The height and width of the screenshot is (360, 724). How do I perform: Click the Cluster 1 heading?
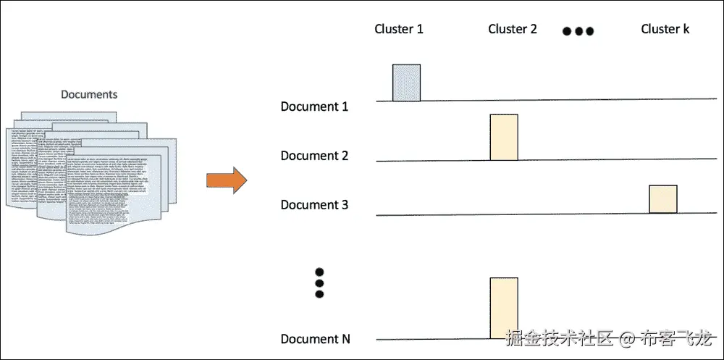398,29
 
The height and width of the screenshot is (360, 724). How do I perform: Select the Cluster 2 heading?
513,29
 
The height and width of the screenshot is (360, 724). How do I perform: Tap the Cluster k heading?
665,29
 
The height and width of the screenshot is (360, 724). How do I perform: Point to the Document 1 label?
314,106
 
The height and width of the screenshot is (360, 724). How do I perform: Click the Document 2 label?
314,156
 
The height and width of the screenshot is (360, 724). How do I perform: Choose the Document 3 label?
314,205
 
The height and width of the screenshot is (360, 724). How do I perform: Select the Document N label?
314,339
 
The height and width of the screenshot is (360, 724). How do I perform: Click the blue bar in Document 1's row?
406,82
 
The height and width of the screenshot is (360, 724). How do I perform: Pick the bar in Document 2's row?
504,137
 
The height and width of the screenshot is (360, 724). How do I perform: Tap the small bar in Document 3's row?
662,198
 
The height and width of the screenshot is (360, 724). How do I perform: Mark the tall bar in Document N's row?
504,308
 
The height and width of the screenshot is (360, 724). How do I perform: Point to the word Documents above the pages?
89,94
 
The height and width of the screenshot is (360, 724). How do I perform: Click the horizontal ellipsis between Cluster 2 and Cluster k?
578,31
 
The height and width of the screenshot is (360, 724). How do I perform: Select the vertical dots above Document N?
319,282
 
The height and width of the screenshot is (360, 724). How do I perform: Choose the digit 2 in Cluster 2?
533,29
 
